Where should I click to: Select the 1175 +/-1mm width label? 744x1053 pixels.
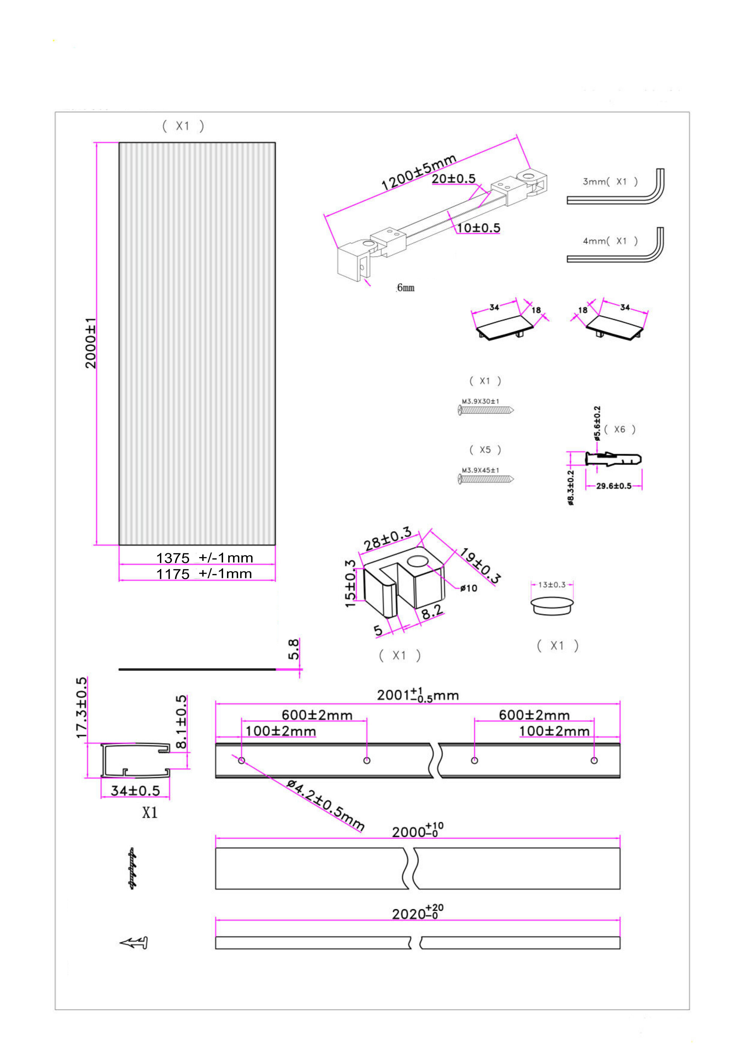[204, 574]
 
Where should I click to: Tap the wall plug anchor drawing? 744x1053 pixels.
[613, 459]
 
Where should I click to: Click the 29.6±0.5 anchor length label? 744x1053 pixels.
[613, 486]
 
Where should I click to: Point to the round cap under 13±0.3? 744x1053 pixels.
[552, 605]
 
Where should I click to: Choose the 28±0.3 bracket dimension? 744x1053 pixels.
[387, 539]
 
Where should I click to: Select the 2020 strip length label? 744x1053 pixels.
[417, 913]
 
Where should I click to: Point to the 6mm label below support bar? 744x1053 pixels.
[406, 287]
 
